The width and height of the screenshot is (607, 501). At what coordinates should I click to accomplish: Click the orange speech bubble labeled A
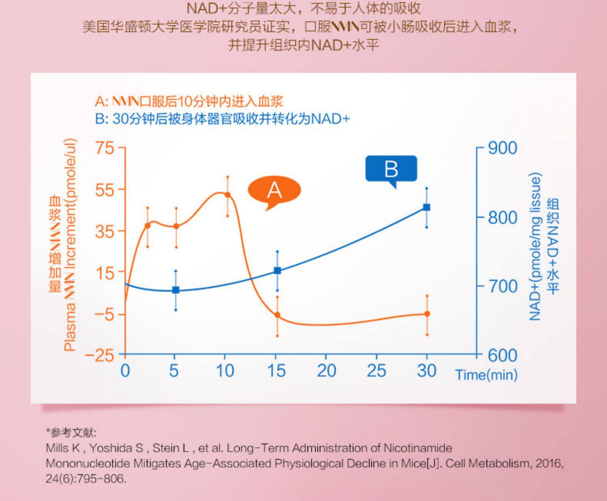click(274, 190)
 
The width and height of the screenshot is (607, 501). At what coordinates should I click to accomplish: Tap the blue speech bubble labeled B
click(391, 169)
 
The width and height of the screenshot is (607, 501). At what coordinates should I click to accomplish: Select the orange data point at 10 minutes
click(227, 195)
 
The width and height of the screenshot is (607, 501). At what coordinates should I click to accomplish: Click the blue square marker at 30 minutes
click(427, 207)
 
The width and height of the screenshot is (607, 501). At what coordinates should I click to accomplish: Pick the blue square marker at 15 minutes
click(277, 271)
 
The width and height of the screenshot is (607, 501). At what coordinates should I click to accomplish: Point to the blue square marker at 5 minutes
click(176, 290)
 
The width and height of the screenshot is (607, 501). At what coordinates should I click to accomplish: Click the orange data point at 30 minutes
click(427, 314)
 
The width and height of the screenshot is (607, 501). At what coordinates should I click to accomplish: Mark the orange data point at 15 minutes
click(277, 315)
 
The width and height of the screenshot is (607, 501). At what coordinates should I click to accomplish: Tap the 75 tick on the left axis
click(105, 148)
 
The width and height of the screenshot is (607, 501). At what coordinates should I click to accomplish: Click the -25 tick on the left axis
click(99, 355)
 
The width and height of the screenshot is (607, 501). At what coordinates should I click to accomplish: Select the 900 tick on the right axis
click(502, 148)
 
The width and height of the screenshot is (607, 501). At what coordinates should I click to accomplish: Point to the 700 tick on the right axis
click(502, 286)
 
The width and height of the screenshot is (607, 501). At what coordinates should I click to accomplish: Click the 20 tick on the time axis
click(326, 370)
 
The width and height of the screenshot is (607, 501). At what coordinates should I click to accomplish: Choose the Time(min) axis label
click(486, 375)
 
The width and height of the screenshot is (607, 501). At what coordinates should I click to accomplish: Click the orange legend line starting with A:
click(189, 101)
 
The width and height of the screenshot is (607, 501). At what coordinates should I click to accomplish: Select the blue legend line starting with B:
click(222, 119)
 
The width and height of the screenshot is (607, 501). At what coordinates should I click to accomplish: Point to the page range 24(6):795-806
click(85, 479)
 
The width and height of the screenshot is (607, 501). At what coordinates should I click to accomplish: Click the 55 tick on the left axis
click(105, 190)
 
